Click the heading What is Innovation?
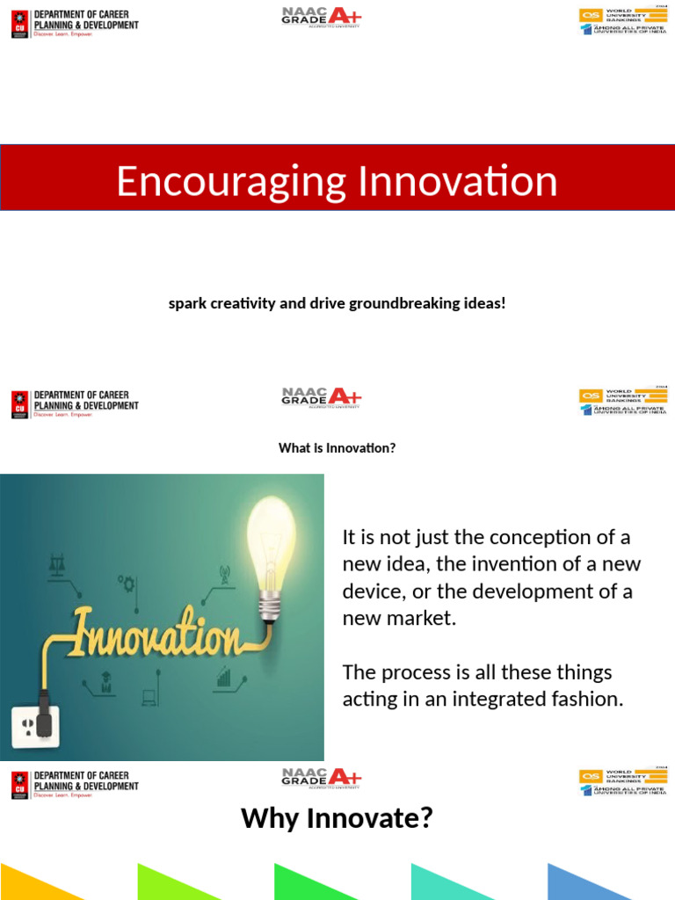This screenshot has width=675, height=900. [337, 448]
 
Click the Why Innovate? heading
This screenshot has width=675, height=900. [337, 818]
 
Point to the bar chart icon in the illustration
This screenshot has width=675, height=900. [224, 677]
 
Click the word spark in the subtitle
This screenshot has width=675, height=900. [186, 303]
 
